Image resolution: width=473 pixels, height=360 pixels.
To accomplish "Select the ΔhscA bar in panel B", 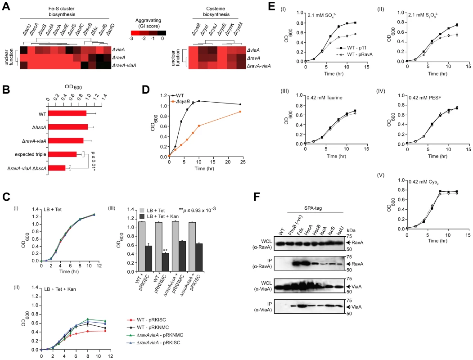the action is click(x=68, y=127).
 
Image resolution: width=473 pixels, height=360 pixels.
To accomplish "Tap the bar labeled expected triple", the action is click(x=62, y=154).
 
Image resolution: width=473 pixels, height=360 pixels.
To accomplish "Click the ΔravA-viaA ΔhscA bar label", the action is click(x=27, y=168).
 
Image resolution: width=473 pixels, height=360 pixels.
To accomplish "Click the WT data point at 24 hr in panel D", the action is click(x=240, y=104).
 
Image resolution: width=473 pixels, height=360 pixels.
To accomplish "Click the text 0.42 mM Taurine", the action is click(x=324, y=98).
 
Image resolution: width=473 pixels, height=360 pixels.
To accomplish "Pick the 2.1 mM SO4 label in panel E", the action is click(x=322, y=15).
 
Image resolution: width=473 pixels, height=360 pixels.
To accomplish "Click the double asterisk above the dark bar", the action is click(x=165, y=250).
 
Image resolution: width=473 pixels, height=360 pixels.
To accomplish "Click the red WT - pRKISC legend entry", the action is click(x=146, y=319).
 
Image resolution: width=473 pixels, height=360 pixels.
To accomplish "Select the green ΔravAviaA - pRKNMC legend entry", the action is click(x=155, y=335).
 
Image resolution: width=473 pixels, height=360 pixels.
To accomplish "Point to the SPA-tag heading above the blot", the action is click(x=313, y=208).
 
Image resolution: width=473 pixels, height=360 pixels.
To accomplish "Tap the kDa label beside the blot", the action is click(x=351, y=231).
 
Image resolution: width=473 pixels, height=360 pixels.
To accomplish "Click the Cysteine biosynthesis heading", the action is click(x=216, y=11).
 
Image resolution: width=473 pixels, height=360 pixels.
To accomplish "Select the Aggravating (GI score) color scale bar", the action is click(x=149, y=33).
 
